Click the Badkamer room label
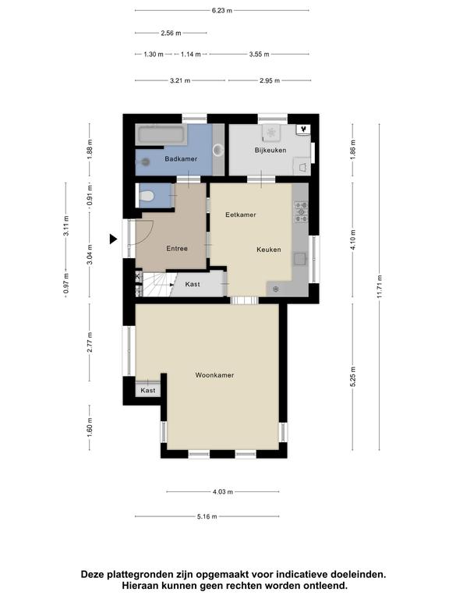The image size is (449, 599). [181, 158]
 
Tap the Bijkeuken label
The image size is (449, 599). [270, 150]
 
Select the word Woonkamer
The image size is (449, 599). [214, 375]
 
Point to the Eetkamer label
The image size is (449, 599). [241, 214]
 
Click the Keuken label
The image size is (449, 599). [269, 250]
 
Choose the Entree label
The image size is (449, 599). [177, 248]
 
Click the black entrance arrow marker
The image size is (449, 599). [113, 239]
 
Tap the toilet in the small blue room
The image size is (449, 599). [147, 197]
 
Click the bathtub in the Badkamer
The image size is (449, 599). [161, 134]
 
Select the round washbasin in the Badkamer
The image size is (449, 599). [218, 150]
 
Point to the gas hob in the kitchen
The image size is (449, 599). [301, 212]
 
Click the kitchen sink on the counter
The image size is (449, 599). [300, 259]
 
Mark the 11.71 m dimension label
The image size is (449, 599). [379, 286]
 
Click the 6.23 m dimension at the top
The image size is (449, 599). [222, 10]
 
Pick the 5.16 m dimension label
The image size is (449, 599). [207, 516]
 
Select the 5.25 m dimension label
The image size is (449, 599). [352, 377]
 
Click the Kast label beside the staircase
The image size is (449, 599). [193, 284]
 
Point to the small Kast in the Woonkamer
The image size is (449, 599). [148, 390]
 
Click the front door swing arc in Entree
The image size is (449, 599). [150, 234]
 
